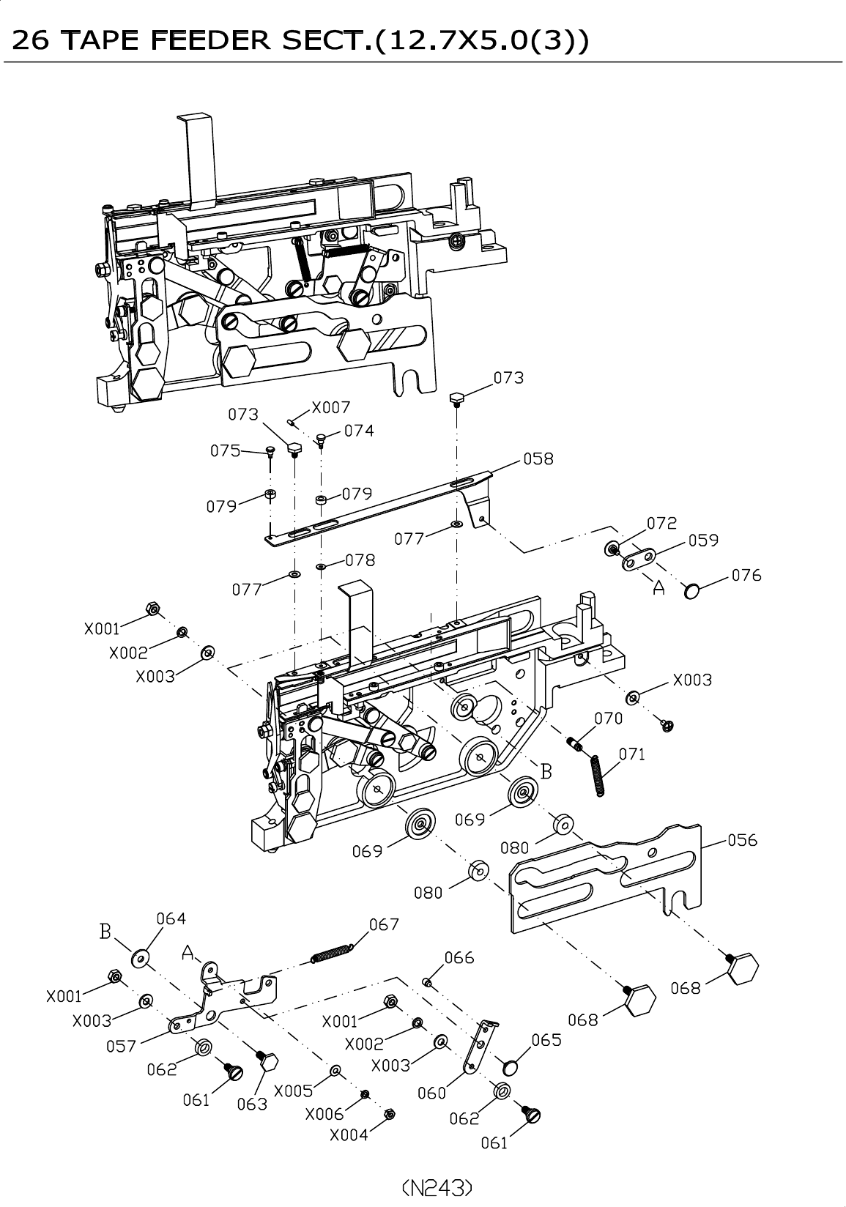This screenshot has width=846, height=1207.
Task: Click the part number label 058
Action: click(538, 459)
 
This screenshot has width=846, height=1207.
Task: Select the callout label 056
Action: click(742, 840)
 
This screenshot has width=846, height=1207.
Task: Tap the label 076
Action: click(746, 576)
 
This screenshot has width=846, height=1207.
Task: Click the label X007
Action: click(331, 407)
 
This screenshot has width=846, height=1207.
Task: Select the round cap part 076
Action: click(691, 591)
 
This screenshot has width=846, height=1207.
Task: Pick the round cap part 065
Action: click(510, 1066)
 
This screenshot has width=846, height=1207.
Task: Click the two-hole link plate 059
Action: click(638, 558)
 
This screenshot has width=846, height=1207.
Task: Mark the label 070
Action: click(609, 718)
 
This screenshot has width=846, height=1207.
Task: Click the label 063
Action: click(252, 1104)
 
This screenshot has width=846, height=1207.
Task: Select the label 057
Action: click(122, 1047)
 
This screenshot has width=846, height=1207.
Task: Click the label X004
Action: click(349, 1134)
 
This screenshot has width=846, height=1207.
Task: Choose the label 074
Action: click(359, 431)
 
